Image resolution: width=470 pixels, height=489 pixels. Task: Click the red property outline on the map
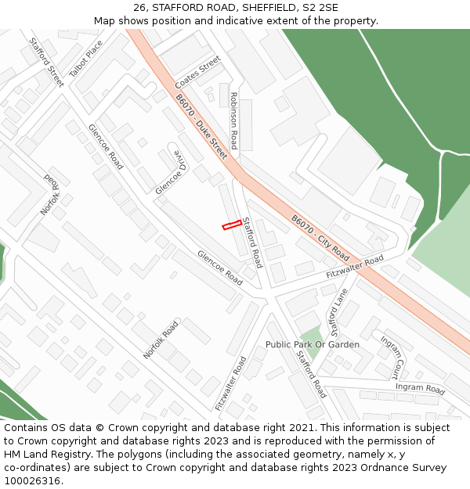tap(231, 225)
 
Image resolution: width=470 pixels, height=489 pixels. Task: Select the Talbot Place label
tap(85, 59)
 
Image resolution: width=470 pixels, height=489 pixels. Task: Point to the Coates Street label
tap(198, 72)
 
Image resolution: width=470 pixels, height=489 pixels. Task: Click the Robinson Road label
tap(233, 120)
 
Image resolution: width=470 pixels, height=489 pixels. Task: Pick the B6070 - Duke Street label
tap(201, 127)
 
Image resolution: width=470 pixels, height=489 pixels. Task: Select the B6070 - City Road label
tap(320, 238)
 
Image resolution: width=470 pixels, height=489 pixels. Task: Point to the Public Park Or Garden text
tap(313, 344)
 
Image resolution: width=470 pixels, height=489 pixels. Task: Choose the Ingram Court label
tap(392, 357)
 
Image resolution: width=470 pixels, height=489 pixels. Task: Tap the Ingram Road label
tap(420, 387)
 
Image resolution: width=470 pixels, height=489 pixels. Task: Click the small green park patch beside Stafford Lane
tap(311, 342)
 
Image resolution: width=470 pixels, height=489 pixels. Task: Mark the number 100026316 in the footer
tap(33, 480)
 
